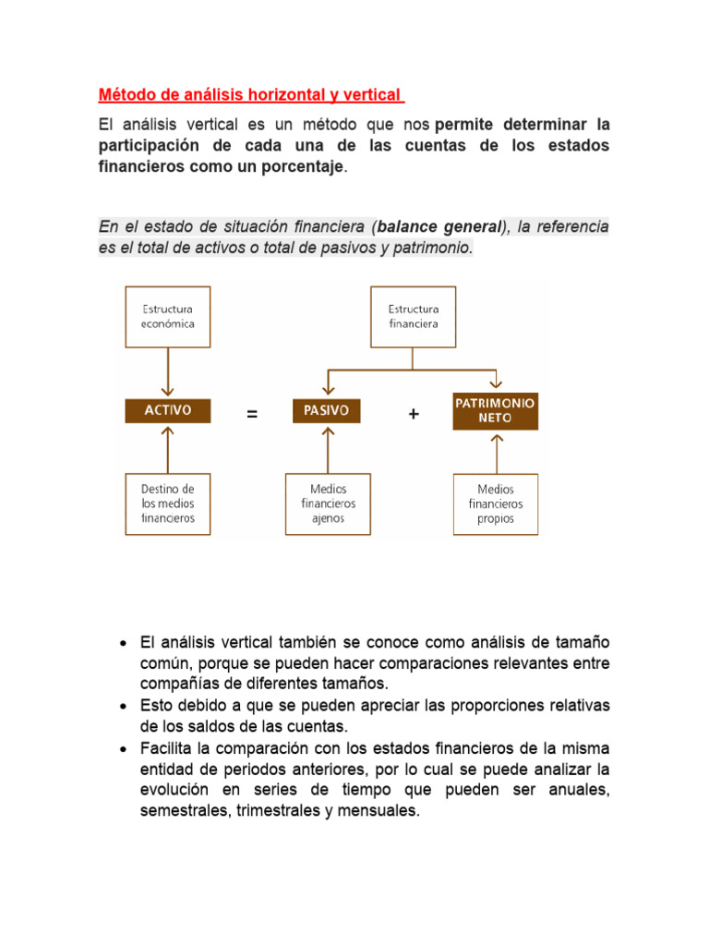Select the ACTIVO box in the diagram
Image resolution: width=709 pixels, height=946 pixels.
(168, 411)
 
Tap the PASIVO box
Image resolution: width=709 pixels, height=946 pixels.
(327, 411)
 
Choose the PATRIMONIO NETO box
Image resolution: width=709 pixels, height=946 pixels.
(495, 411)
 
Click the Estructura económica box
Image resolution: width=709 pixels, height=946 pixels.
(167, 317)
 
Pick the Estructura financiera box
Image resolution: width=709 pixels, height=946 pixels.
(413, 317)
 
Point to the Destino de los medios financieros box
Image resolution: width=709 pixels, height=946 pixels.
(167, 503)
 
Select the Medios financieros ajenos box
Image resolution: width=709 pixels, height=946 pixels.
(328, 503)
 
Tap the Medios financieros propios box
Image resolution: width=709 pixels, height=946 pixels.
(496, 504)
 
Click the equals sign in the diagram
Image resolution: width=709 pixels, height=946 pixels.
(252, 415)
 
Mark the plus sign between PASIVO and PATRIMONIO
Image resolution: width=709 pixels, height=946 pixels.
(413, 415)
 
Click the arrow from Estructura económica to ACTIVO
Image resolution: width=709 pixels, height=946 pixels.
(167, 374)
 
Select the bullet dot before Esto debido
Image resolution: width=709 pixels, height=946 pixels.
(124, 707)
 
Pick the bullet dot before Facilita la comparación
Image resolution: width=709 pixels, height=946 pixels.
(124, 748)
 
